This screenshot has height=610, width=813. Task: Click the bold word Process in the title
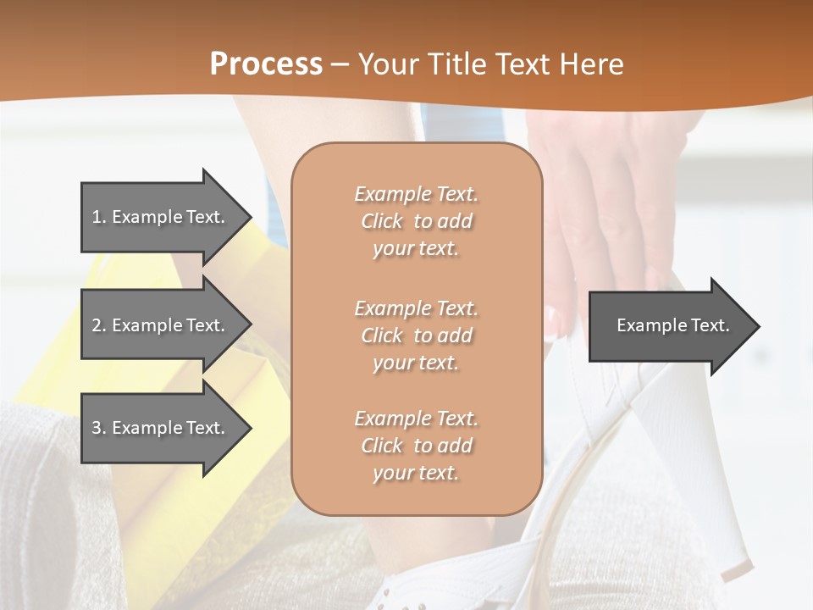(x=266, y=64)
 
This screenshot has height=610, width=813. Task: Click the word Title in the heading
(x=457, y=64)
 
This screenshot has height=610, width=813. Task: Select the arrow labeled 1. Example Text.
(x=161, y=217)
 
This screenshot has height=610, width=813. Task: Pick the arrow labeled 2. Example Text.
(x=161, y=325)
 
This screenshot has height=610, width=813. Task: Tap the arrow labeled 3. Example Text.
(x=161, y=428)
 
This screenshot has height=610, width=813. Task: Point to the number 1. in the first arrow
(x=99, y=217)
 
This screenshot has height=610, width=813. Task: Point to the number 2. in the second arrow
(x=99, y=325)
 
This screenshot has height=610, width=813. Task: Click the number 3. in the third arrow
(x=99, y=428)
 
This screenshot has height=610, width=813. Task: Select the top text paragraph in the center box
(x=416, y=221)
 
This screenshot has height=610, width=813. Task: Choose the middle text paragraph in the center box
(x=416, y=335)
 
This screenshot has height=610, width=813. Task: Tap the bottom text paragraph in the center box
(x=416, y=446)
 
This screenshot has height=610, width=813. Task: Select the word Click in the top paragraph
(x=382, y=221)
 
